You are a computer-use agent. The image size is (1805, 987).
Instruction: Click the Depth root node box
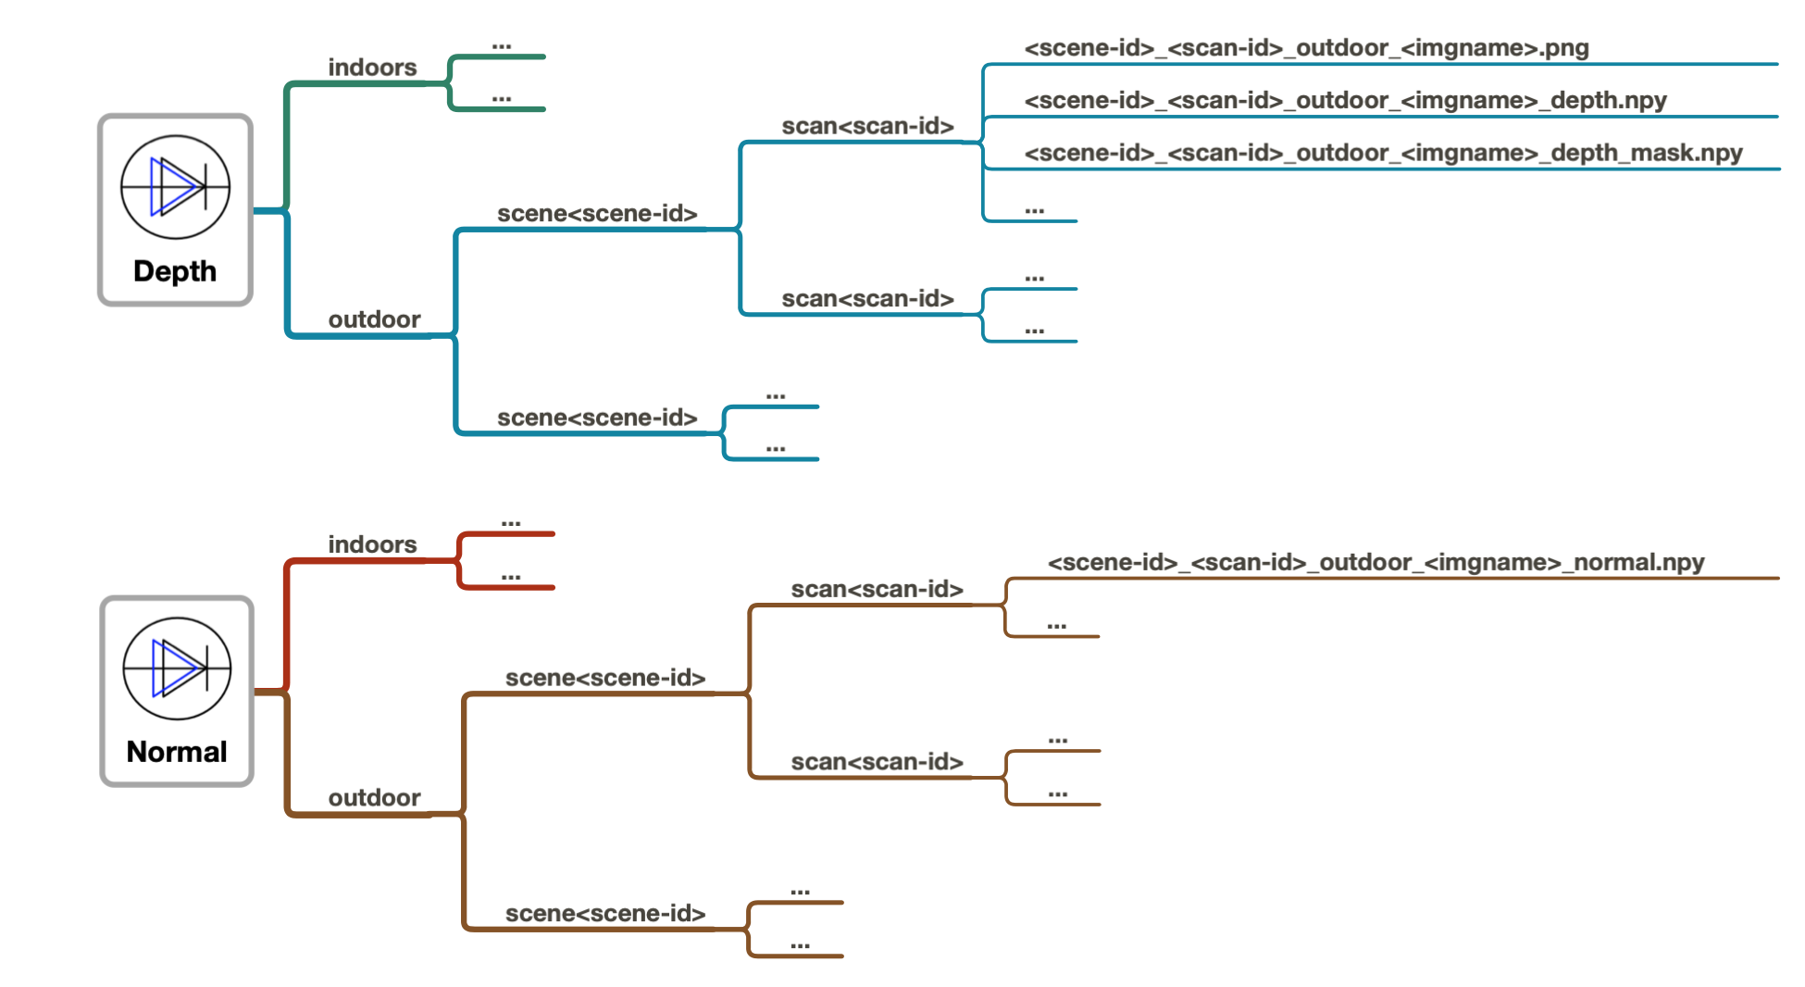(x=175, y=209)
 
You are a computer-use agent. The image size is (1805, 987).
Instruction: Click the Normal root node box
(x=177, y=691)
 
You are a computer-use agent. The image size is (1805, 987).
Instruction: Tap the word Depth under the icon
(x=175, y=271)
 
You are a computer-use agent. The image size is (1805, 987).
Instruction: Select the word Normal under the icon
(x=177, y=752)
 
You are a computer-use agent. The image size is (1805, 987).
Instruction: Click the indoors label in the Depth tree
(x=372, y=68)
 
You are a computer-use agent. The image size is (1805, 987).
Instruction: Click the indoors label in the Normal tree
(x=372, y=544)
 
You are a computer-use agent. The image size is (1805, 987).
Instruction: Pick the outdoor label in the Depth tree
(x=374, y=319)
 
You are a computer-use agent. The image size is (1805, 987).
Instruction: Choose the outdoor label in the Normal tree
(x=374, y=798)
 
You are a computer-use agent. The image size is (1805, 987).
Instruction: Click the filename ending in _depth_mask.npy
(x=1383, y=153)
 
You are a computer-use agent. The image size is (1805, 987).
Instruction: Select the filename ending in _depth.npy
(x=1345, y=100)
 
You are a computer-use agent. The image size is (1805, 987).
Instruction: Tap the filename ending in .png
(x=1306, y=48)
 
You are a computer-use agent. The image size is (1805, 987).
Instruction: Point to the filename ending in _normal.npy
(x=1376, y=562)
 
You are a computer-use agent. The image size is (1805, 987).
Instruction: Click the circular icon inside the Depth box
(x=175, y=187)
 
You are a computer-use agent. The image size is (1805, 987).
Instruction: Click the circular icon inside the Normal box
(x=177, y=668)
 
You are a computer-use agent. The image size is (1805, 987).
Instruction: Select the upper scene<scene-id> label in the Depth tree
(x=597, y=214)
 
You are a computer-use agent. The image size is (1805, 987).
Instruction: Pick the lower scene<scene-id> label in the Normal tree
(x=605, y=914)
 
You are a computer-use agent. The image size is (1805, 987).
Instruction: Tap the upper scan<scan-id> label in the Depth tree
(x=867, y=126)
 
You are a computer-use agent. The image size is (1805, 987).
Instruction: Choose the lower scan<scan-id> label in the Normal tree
(x=877, y=762)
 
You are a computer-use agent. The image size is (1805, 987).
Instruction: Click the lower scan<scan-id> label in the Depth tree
(x=867, y=299)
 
